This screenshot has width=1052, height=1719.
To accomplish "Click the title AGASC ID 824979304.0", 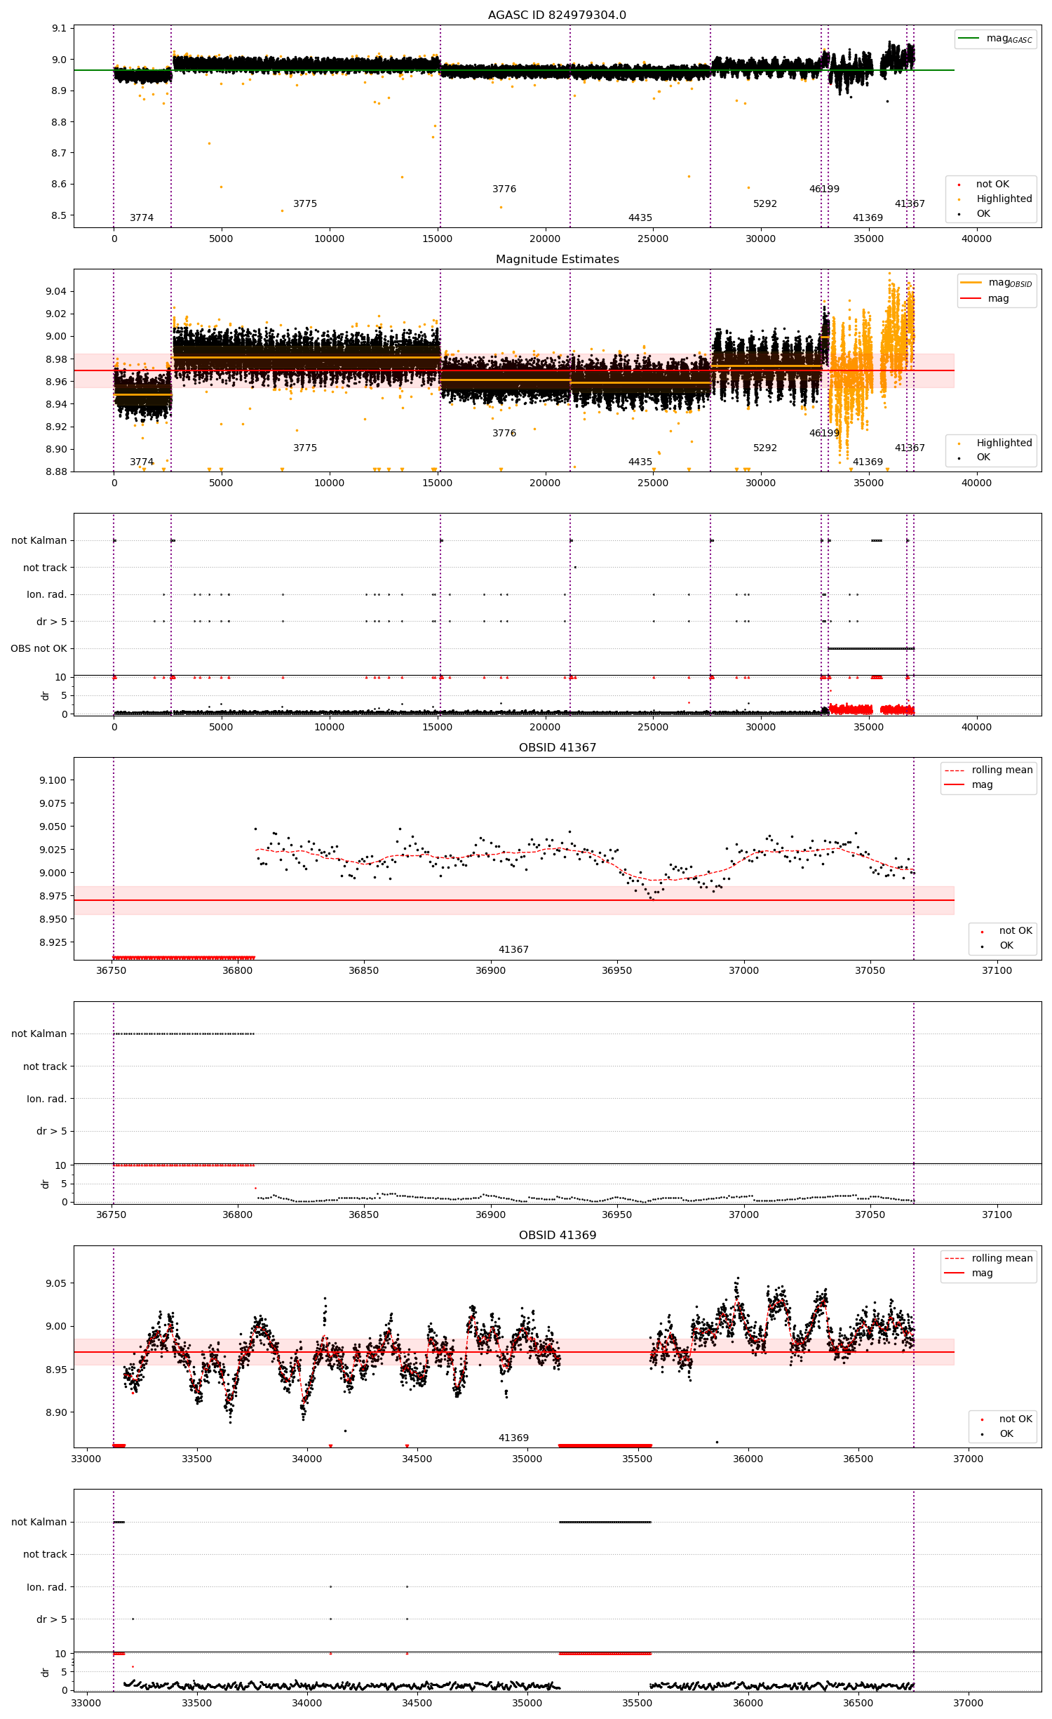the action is tap(557, 15).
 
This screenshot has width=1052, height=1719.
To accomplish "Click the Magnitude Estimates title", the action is tap(557, 259).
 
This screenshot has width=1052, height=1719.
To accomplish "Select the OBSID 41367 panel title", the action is tap(557, 747).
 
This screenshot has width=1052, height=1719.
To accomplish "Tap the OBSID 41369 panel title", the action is tap(557, 1235).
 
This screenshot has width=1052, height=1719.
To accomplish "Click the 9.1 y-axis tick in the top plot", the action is tap(59, 29).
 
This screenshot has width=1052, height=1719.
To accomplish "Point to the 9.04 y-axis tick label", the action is tap(56, 291).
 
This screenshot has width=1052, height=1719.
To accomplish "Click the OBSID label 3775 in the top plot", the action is tap(305, 203).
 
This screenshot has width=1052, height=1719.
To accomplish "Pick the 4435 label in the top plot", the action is tap(640, 218).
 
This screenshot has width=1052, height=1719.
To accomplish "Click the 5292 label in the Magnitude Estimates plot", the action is tap(765, 448).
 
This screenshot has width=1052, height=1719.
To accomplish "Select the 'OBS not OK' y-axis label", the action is tap(39, 648).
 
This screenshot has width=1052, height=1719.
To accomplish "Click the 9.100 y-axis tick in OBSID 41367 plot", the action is tap(53, 780).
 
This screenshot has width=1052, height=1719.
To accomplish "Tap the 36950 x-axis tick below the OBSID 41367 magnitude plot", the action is tap(616, 970).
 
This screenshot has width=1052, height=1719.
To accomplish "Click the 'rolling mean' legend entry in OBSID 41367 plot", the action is tap(1002, 770).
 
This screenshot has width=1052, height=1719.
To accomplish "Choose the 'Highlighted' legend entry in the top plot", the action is tap(1004, 199).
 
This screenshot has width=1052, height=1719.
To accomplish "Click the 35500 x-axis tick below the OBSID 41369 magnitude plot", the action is tap(637, 1458).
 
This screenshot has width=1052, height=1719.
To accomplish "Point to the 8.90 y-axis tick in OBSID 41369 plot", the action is tap(56, 1412).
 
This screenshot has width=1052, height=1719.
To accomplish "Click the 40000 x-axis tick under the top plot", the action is tap(976, 239).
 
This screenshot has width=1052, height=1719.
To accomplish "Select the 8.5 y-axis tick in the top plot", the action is tap(59, 215).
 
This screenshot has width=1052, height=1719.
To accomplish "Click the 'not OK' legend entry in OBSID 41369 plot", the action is tap(1016, 1419).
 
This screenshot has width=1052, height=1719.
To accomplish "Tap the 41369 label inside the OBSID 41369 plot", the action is tap(513, 1438).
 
